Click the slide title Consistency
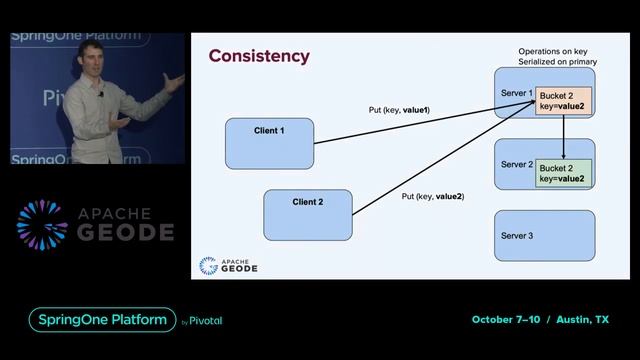point(258,56)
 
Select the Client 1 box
point(269,143)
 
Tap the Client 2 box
point(308,214)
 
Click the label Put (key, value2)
point(432,197)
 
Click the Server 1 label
point(516,92)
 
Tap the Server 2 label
point(516,164)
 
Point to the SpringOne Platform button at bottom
point(101,320)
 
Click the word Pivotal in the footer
point(206,321)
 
